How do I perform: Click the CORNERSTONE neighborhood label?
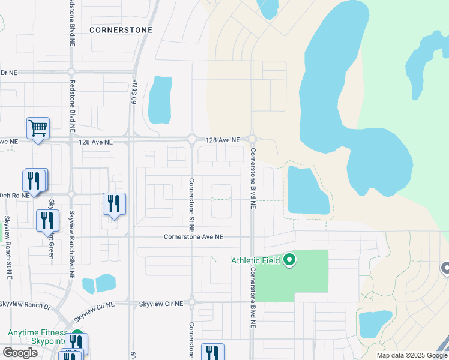[x=121, y=29]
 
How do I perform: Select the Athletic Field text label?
[x=257, y=260]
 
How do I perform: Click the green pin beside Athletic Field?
[x=289, y=260]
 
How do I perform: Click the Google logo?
[x=20, y=352]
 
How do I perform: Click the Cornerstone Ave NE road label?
[x=193, y=237]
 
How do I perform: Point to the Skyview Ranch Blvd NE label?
[x=71, y=240]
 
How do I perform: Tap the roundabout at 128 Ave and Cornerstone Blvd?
[x=252, y=139]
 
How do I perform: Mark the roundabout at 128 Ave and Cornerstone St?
[x=192, y=139]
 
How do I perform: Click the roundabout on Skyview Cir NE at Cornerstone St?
[x=192, y=302]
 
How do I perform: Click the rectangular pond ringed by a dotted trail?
[x=308, y=190]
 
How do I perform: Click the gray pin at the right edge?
[x=445, y=269]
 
